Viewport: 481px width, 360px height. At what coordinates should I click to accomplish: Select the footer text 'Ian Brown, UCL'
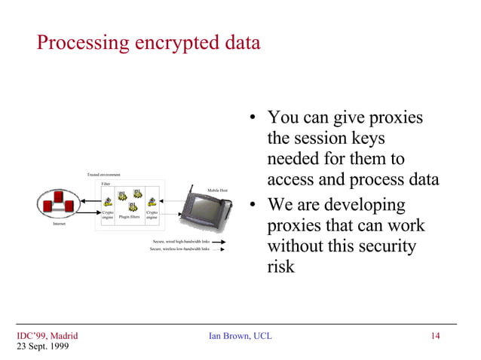tap(240, 336)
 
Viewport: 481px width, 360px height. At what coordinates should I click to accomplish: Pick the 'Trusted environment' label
tap(104, 175)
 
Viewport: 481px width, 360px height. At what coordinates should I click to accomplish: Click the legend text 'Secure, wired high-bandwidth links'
tap(180, 242)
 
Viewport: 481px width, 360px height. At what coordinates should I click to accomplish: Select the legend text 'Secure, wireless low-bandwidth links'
tap(179, 249)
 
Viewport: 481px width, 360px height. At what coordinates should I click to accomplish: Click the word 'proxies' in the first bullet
tap(390, 118)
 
